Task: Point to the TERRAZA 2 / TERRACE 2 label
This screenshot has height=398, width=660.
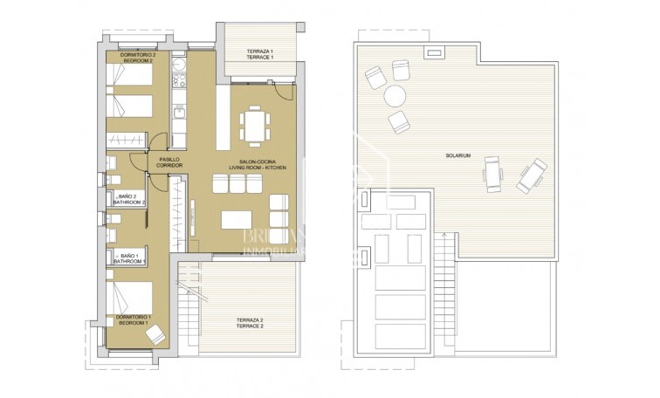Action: pyautogui.click(x=251, y=323)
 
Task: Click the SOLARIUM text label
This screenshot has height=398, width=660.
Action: pyautogui.click(x=457, y=156)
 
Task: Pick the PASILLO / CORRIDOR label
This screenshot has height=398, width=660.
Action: pyautogui.click(x=169, y=162)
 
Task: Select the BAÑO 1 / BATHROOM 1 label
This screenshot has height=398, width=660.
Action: pyautogui.click(x=128, y=257)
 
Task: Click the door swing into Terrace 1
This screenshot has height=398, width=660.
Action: pyautogui.click(x=281, y=88)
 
